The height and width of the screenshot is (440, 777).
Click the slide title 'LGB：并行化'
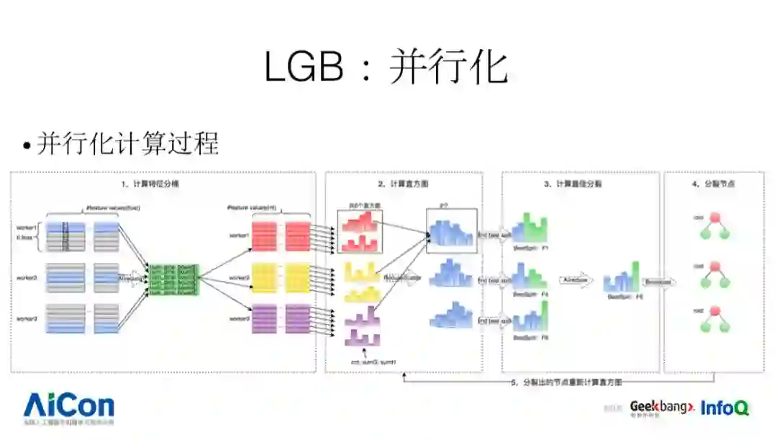click(x=386, y=68)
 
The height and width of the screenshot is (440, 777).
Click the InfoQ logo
click(x=724, y=408)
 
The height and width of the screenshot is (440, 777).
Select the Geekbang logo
click(x=661, y=408)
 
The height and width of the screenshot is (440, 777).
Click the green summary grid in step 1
click(x=173, y=277)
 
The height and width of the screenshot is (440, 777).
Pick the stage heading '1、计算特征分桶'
click(x=152, y=184)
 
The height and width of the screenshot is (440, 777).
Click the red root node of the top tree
click(x=715, y=217)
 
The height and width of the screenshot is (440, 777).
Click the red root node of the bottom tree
click(x=715, y=312)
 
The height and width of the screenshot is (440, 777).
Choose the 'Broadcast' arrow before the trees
click(x=658, y=282)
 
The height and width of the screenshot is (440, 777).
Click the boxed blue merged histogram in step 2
click(x=451, y=231)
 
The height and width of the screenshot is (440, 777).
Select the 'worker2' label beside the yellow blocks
click(x=239, y=277)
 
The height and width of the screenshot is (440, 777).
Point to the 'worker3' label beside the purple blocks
click(x=239, y=318)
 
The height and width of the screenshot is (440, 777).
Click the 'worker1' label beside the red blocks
click(x=239, y=235)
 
